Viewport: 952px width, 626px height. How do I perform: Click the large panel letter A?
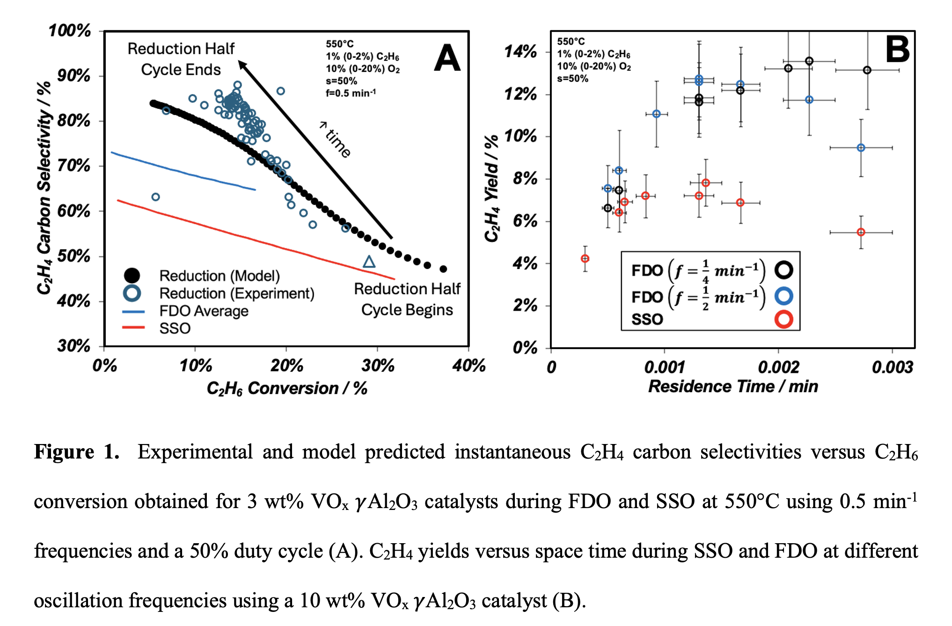[x=447, y=58]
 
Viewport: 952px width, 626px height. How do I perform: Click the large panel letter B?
[x=897, y=49]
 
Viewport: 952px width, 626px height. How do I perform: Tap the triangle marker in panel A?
[x=369, y=262]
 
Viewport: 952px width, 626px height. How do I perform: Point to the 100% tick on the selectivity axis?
[x=70, y=31]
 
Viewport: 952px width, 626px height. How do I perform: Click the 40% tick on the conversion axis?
[x=469, y=365]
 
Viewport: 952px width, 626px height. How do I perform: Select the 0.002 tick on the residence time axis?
[x=778, y=367]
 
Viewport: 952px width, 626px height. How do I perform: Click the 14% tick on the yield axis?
[x=520, y=51]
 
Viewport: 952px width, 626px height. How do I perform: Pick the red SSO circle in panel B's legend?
[x=784, y=319]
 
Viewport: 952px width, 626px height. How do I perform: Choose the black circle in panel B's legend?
[x=784, y=269]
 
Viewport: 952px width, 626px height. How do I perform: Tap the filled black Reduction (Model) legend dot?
[x=132, y=276]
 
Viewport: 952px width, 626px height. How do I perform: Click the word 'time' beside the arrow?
[x=338, y=143]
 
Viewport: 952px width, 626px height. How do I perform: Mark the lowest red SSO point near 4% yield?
[x=585, y=259]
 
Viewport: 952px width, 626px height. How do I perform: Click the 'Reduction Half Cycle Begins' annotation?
[x=407, y=299]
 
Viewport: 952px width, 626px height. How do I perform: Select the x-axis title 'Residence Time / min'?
[x=733, y=386]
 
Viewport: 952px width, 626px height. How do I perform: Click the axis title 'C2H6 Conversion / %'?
[x=287, y=388]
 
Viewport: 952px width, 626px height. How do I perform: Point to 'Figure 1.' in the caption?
[x=77, y=452]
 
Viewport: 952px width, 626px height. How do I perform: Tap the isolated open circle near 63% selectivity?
[x=156, y=197]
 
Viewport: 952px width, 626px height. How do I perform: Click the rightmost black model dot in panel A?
[x=443, y=269]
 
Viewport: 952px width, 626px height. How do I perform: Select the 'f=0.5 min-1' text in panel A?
[x=351, y=93]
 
